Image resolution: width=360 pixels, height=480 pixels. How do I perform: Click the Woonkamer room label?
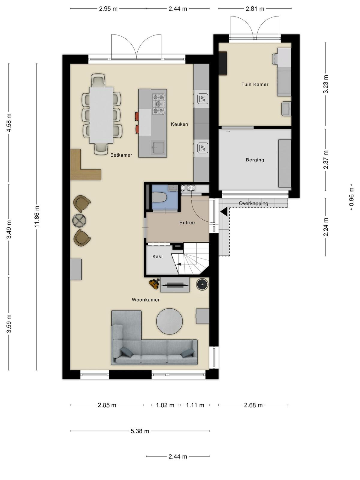145,300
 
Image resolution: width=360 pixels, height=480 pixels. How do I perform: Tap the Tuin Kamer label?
255,84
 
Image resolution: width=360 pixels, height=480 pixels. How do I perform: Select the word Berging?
255,160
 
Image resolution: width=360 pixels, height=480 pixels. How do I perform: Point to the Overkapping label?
253,203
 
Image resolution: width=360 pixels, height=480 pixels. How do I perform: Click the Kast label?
157,256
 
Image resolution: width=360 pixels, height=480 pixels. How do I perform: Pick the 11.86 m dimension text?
37,216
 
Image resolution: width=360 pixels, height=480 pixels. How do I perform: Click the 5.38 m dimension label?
140,431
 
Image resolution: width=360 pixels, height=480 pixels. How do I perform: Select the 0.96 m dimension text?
351,197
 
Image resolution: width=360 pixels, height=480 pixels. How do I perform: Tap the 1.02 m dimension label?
165,405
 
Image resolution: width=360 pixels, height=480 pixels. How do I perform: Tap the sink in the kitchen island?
157,147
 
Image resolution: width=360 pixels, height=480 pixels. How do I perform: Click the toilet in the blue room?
159,197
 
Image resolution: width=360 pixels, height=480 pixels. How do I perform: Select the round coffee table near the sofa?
169,321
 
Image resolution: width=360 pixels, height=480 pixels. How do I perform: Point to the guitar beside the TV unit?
154,284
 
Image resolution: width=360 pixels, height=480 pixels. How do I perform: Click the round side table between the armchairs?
79,220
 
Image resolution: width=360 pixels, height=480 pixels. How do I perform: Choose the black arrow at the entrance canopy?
224,212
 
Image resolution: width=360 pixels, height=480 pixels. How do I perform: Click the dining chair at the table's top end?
98,80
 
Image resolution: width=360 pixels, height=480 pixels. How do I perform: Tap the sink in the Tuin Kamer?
286,109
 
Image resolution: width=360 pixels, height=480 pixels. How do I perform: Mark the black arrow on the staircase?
179,264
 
